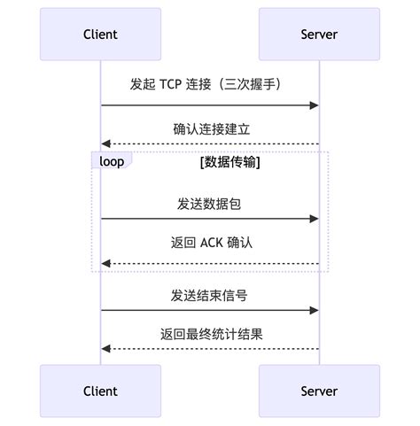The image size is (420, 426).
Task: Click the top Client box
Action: (x=100, y=35)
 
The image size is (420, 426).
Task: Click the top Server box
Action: (x=319, y=35)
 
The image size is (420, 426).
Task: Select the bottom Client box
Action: (x=100, y=391)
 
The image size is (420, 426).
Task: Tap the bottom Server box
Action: (x=319, y=391)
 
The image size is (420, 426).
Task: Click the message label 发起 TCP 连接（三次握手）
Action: (x=209, y=84)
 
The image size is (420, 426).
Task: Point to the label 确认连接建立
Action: (x=211, y=128)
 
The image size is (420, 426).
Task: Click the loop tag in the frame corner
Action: (x=112, y=161)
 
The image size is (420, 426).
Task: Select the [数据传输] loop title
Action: (x=229, y=162)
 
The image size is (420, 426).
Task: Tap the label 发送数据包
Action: (x=209, y=204)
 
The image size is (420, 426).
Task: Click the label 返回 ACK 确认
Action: (x=210, y=242)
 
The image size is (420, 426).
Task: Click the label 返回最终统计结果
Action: (x=211, y=334)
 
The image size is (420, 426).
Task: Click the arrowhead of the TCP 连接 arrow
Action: (x=314, y=105)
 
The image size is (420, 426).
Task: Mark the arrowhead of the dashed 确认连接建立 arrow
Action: (x=105, y=143)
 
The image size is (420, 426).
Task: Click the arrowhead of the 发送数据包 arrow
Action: (x=314, y=218)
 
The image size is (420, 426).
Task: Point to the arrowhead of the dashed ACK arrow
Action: (x=105, y=263)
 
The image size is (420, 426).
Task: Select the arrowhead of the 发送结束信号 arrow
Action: (x=314, y=310)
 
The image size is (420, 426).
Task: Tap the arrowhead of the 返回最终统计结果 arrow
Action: (x=105, y=348)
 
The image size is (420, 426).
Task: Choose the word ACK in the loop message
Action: (x=211, y=242)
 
